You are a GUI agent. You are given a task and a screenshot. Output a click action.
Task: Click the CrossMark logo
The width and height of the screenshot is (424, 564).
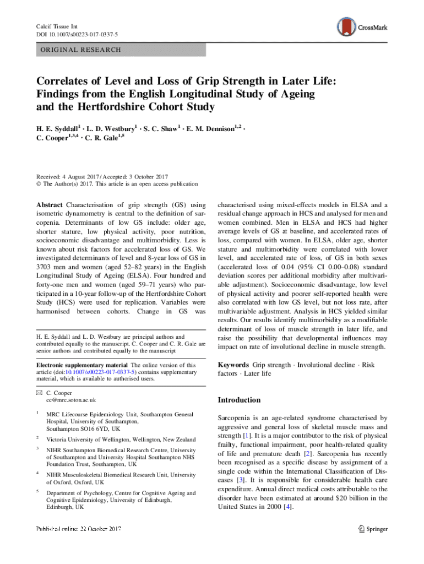click(362, 26)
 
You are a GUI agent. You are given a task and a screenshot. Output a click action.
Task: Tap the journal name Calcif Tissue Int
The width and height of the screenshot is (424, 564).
click(54, 26)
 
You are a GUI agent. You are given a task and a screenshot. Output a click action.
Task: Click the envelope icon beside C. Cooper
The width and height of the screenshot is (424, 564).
click(37, 392)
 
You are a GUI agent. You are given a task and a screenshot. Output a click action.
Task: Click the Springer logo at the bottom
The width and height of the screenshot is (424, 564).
click(373, 529)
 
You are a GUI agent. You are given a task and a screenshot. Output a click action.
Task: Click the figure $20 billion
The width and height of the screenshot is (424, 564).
click(345, 498)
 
